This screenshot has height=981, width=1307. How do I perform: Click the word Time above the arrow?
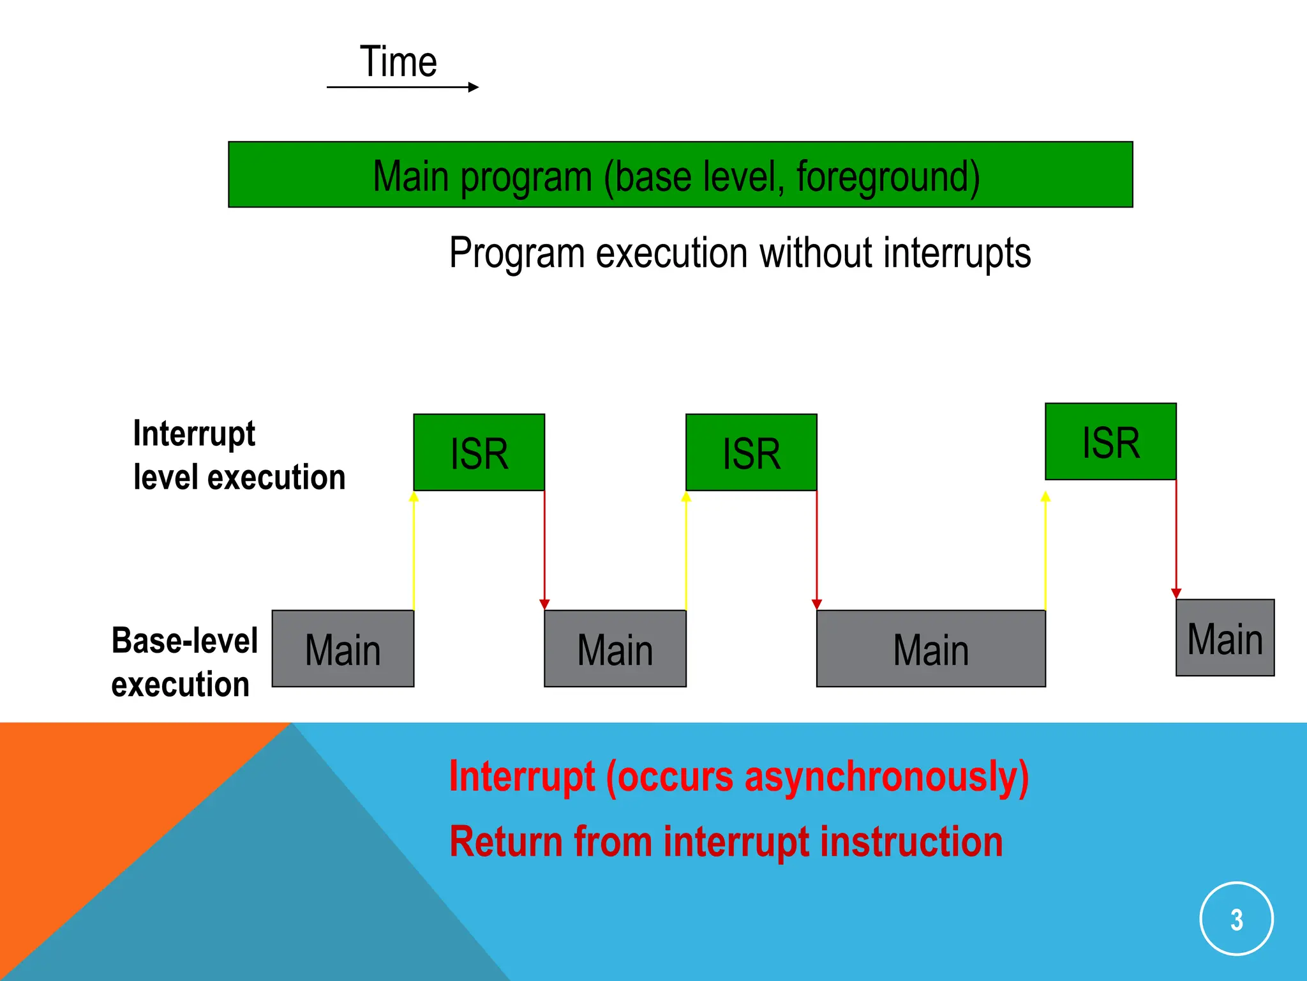(398, 62)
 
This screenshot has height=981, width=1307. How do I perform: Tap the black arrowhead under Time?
(473, 87)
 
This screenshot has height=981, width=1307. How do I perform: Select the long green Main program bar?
(680, 174)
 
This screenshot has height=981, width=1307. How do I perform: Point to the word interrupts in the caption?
(957, 254)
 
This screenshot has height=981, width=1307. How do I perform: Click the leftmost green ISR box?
(479, 452)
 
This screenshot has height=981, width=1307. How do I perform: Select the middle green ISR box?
(751, 452)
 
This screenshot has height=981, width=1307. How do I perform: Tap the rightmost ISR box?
(1110, 441)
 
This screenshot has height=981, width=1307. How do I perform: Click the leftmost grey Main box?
(343, 649)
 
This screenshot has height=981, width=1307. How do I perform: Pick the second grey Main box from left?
(615, 649)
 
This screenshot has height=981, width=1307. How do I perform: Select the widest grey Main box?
(930, 649)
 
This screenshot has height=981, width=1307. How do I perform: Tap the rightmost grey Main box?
(1225, 637)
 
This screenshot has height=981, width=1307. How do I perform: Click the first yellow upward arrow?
(414, 549)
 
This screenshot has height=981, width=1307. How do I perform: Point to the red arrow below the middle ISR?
(817, 549)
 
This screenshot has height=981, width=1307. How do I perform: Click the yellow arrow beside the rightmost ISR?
(1045, 549)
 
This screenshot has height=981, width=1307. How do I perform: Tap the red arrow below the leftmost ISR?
(544, 549)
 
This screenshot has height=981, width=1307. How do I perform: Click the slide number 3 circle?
(1236, 918)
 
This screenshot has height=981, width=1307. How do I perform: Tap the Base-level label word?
(184, 641)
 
